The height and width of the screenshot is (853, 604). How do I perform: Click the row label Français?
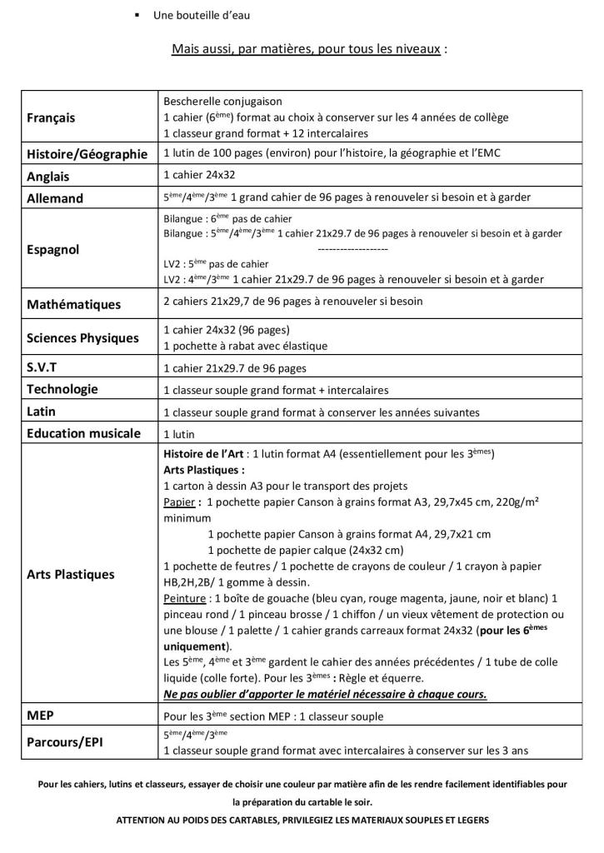[51, 117]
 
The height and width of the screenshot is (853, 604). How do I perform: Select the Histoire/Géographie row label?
[87, 154]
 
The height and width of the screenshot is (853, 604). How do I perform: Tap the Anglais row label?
[48, 177]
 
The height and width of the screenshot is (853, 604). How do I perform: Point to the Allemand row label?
[55, 198]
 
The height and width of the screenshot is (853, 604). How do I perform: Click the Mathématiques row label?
[74, 304]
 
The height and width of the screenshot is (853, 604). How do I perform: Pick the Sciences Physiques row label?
[82, 338]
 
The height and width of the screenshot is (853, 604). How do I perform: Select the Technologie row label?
[62, 389]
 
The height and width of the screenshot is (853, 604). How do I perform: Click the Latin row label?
[42, 412]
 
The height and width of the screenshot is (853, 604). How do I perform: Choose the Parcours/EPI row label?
[64, 741]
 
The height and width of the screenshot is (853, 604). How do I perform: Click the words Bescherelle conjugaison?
[223, 101]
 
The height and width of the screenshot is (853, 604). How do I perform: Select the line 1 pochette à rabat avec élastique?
[246, 346]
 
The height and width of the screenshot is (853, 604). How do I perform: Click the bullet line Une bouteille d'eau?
[202, 16]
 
